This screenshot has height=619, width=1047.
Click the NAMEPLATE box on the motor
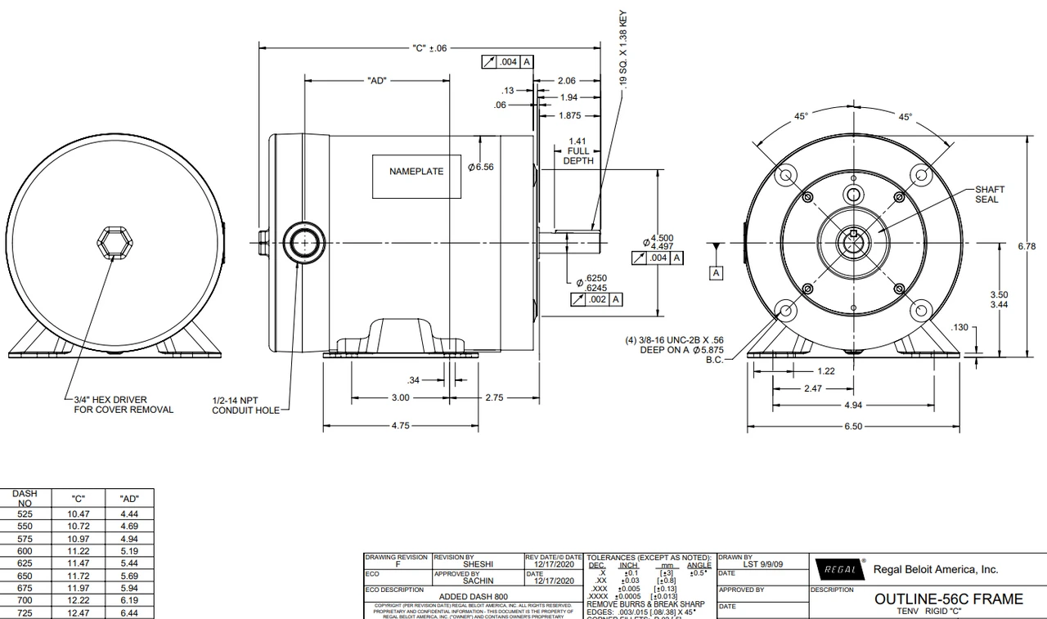pyautogui.click(x=416, y=172)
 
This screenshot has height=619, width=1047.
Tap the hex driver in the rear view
pyautogui.click(x=110, y=243)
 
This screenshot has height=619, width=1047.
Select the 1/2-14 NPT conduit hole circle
pyautogui.click(x=303, y=244)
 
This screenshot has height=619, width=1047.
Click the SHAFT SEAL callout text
pyautogui.click(x=989, y=195)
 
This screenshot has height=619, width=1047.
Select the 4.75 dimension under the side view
pyautogui.click(x=398, y=426)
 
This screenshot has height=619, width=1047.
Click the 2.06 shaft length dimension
pyautogui.click(x=566, y=81)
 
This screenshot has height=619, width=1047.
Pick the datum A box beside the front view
pyautogui.click(x=716, y=272)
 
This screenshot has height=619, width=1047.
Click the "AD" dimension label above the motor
pyautogui.click(x=377, y=81)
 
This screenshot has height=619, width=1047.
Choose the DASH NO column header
pyautogui.click(x=25, y=498)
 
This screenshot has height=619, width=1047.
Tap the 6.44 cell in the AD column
pyautogui.click(x=128, y=612)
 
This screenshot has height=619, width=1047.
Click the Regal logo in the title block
pyautogui.click(x=838, y=569)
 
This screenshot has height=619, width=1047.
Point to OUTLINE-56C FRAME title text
pyautogui.click(x=948, y=599)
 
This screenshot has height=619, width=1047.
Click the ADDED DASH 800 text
pyautogui.click(x=473, y=597)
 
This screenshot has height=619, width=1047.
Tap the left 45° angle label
pyautogui.click(x=802, y=117)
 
